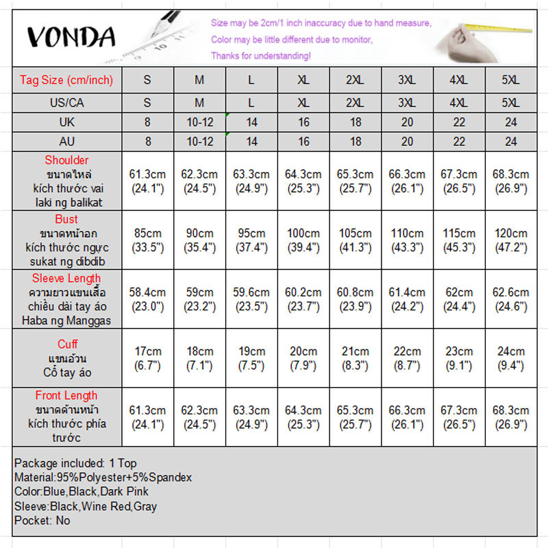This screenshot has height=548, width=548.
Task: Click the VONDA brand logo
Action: click(x=71, y=36)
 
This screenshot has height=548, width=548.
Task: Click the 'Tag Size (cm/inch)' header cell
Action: click(x=66, y=80)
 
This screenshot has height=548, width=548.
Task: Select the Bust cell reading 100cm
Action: click(x=303, y=240)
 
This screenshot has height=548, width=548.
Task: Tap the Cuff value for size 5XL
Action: click(x=510, y=358)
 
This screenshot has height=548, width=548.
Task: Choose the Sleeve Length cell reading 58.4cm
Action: click(x=147, y=299)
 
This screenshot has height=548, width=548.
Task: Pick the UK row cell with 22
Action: click(x=458, y=122)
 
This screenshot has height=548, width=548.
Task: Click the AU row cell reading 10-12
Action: click(x=199, y=142)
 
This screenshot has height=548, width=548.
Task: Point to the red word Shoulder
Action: click(x=66, y=160)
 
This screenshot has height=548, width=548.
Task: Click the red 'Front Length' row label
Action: click(x=66, y=395)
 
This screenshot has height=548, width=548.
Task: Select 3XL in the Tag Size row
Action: click(x=407, y=80)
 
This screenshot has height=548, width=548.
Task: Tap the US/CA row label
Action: click(x=66, y=103)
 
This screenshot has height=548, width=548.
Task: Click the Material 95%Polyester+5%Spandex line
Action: click(x=103, y=477)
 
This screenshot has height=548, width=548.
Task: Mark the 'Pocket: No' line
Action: click(x=42, y=521)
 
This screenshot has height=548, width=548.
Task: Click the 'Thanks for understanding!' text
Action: click(x=261, y=55)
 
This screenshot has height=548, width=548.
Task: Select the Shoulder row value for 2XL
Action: click(x=355, y=181)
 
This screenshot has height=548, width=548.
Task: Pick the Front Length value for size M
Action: click(x=199, y=417)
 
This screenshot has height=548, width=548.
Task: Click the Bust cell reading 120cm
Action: click(x=510, y=240)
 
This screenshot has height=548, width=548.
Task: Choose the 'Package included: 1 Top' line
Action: click(x=75, y=463)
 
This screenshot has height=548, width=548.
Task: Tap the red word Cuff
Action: click(x=66, y=344)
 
